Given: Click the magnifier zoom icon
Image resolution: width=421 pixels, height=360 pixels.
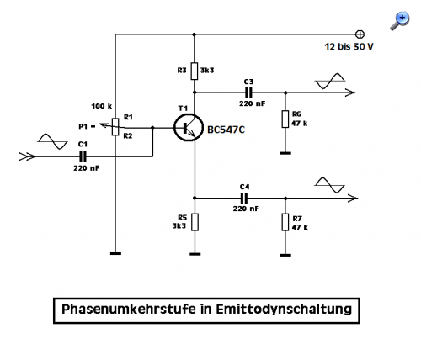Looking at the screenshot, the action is [x=400, y=21].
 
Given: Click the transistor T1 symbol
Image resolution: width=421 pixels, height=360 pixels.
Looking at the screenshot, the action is [x=188, y=128].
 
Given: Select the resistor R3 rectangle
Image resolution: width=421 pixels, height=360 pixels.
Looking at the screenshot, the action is [x=195, y=71].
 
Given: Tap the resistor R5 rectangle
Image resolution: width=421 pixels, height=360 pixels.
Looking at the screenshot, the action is [x=195, y=222].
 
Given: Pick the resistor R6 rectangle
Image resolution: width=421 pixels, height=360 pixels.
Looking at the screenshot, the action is [x=285, y=119].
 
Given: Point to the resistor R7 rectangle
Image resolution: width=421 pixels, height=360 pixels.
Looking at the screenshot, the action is [x=285, y=222].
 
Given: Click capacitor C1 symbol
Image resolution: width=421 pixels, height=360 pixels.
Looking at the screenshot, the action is [x=83, y=156].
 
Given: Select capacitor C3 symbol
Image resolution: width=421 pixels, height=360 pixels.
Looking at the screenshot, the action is [x=248, y=93].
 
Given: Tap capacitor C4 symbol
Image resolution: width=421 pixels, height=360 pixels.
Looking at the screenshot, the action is [x=244, y=199].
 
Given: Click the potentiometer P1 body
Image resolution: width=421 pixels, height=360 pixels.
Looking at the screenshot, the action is [x=115, y=127].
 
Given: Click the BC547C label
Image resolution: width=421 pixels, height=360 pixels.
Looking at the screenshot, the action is [x=226, y=130].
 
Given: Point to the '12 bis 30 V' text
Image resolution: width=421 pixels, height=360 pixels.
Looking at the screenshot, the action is [x=349, y=46].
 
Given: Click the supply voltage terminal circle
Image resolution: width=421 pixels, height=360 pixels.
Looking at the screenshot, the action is [x=360, y=34].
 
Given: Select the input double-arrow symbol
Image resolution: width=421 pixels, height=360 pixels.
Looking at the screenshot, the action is [x=27, y=156].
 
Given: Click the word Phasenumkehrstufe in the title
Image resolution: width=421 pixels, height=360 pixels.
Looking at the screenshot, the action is [x=129, y=310].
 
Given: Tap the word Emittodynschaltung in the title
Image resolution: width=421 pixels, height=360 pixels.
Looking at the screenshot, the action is [x=284, y=310].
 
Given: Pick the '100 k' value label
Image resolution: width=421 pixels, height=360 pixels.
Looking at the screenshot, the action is [x=102, y=106].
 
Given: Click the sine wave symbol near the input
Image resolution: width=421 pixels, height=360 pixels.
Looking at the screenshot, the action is [x=52, y=141].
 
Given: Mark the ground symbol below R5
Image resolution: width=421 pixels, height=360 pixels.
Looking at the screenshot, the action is [x=195, y=254].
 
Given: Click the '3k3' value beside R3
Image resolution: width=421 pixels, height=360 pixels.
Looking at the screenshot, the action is [x=207, y=70].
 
